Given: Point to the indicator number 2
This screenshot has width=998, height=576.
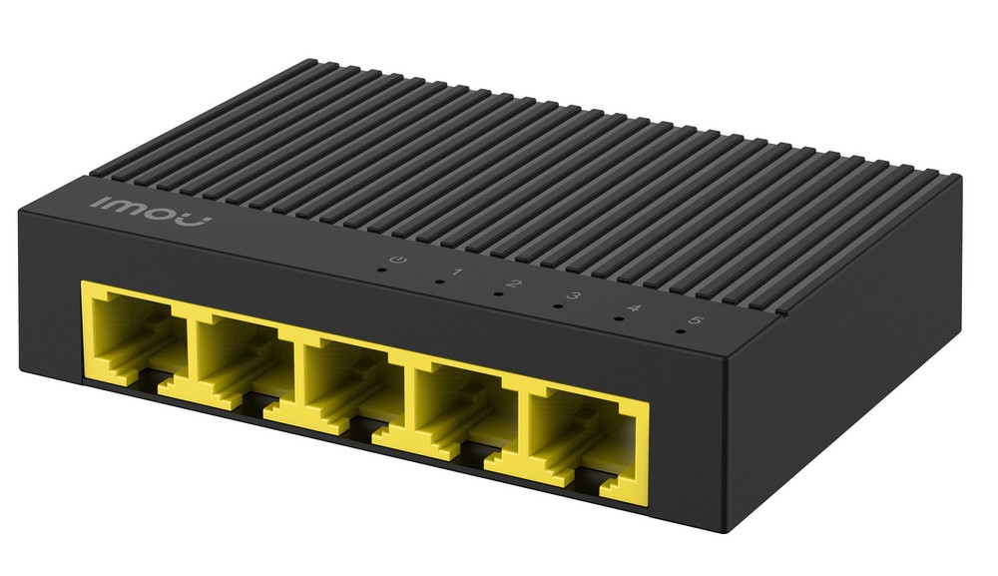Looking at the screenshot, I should coord(515,284).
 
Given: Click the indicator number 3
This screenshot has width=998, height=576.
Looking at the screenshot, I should coord(574,295).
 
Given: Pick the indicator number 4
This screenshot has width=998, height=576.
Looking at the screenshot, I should coord(635,307).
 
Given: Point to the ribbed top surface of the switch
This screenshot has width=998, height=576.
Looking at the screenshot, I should coord(519,170).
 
